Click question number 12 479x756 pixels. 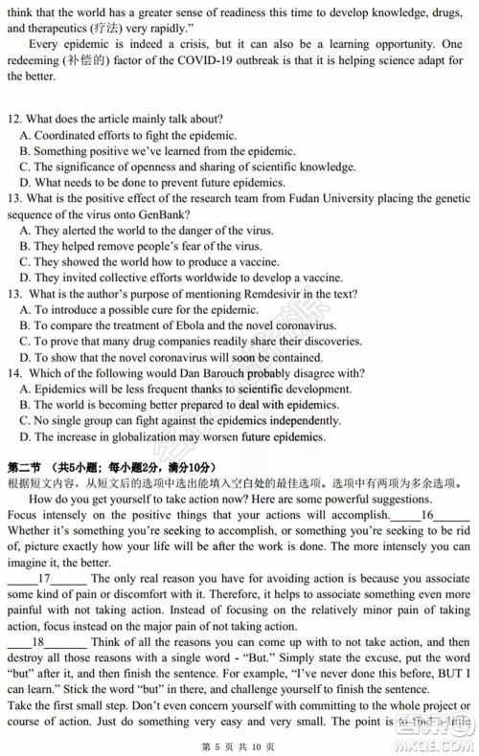(x=13, y=119)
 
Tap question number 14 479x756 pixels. (x=13, y=372)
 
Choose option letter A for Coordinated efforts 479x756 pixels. (x=25, y=135)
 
